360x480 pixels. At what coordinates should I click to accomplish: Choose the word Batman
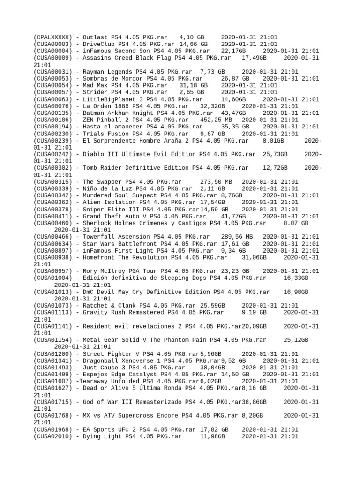[93, 113]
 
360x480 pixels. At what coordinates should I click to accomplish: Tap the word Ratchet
[95, 306]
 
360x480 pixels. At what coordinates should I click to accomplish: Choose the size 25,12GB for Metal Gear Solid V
[296, 340]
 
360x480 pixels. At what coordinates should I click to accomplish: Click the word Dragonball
[100, 360]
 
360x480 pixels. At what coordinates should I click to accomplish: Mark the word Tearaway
[95, 381]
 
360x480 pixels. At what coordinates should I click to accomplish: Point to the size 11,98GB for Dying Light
[213, 436]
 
